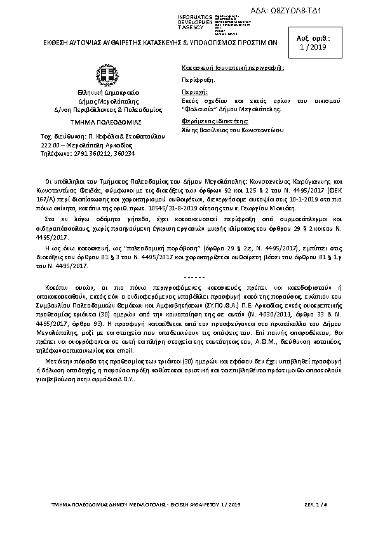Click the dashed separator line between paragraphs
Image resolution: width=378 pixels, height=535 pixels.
pos(190,278)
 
